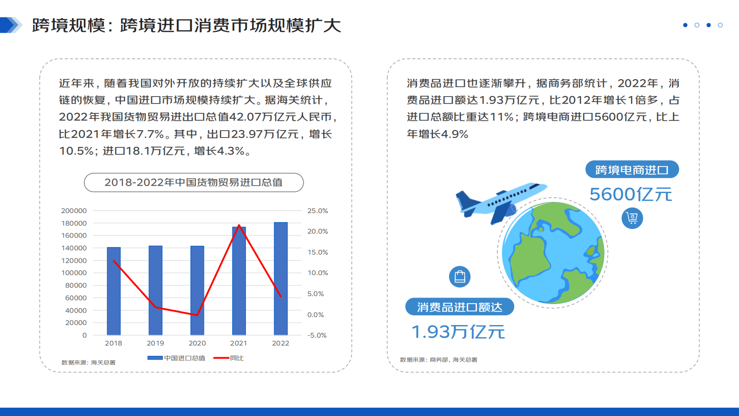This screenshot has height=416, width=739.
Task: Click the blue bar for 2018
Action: coord(114,291)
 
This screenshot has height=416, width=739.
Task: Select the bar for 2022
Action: coord(281,278)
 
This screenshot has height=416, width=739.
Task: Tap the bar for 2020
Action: coord(197,290)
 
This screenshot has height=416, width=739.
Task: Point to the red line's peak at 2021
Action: coord(239,226)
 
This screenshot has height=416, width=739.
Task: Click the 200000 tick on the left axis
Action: coord(74,211)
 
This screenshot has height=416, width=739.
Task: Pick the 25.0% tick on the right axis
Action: coord(318,211)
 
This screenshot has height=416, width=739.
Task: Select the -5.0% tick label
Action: coord(317,335)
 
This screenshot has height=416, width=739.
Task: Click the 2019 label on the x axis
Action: coord(155,343)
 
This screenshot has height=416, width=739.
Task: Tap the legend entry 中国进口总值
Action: coord(177,358)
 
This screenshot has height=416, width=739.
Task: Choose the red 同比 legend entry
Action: coord(229,358)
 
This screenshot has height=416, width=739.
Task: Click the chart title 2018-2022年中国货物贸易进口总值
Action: coord(193,182)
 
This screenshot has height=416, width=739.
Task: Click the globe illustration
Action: coord(553,253)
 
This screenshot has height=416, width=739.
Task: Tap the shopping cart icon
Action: coord(632,218)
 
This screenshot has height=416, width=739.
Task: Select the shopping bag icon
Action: coord(460,277)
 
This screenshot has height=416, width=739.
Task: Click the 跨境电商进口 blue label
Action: coord(632,170)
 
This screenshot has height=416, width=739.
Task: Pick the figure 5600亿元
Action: coord(631,194)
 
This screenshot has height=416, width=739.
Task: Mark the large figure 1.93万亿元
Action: coord(458,332)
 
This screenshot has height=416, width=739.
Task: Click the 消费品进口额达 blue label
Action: coord(460,307)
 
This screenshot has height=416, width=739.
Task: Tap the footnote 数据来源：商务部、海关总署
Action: coord(438,360)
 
